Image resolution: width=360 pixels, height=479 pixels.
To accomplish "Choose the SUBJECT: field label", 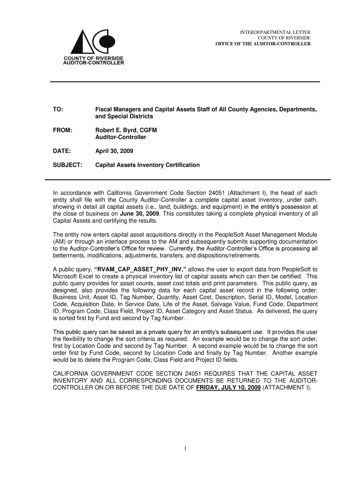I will pyautogui.click(x=67, y=165).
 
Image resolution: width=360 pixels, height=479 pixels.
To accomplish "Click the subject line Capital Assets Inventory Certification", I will pyautogui.click(x=147, y=165).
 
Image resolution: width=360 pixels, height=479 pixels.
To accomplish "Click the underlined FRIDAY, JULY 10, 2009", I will pyautogui.click(x=229, y=388).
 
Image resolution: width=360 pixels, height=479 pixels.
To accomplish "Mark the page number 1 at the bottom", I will pyautogui.click(x=185, y=449).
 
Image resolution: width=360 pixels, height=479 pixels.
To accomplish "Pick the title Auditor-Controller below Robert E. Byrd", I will pyautogui.click(x=121, y=137).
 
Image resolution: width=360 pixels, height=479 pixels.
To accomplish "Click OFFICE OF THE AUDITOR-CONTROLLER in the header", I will pyautogui.click(x=263, y=44).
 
